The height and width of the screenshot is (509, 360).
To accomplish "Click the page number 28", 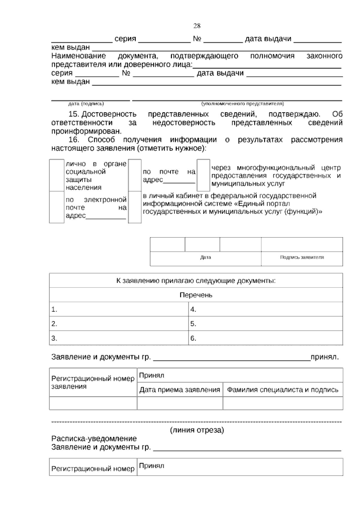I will [x=197, y=26].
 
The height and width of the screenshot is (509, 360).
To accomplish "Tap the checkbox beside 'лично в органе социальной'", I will [x=57, y=175].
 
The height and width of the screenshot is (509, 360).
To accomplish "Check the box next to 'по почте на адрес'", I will [x=135, y=175].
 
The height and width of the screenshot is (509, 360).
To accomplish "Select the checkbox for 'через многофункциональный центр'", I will [x=203, y=175].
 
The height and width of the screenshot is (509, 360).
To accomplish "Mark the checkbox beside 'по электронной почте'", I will [x=57, y=207].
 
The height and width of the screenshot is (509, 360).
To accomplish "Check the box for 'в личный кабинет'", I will [x=135, y=207].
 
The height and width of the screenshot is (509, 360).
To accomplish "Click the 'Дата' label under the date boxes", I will [x=205, y=257].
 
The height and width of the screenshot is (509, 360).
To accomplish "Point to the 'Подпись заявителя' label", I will [x=302, y=257].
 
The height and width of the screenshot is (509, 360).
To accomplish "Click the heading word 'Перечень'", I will [x=196, y=295].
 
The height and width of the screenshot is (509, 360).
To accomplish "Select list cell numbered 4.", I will [x=265, y=309].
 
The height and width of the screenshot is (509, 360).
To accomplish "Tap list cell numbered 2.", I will [x=118, y=324].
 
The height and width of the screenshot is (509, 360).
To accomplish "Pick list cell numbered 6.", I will [x=265, y=338].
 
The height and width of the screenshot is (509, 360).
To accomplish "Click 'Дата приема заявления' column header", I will [x=180, y=390].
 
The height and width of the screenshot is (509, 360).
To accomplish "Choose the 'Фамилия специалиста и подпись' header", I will [x=283, y=390].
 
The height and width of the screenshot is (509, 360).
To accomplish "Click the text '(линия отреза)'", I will [x=197, y=430].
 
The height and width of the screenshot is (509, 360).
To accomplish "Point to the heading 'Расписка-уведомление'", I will [x=94, y=438].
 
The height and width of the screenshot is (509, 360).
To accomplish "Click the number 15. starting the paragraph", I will [x=73, y=114].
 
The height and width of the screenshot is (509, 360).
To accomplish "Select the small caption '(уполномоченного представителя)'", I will [x=242, y=104].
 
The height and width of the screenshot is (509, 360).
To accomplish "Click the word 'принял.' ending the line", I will [x=325, y=357].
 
